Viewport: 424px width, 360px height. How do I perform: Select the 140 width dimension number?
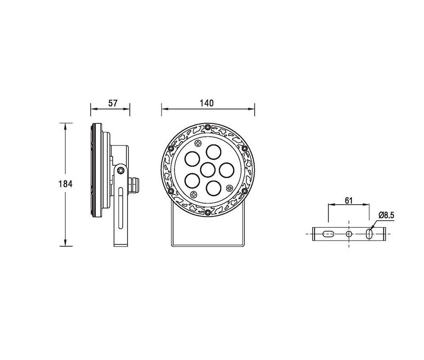click(x=207, y=103)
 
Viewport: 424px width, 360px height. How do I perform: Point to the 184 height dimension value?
click(x=66, y=184)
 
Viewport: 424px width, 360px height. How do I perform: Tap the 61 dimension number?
click(x=349, y=200)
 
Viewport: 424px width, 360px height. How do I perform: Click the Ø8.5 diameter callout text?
click(x=387, y=215)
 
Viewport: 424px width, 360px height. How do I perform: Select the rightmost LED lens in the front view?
click(x=226, y=170)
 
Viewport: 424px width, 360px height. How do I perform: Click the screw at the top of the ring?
click(x=207, y=127)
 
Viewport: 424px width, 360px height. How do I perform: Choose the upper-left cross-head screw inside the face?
click(x=198, y=144)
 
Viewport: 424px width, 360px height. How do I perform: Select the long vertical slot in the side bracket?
click(x=122, y=212)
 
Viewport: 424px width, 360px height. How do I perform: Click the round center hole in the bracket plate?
click(x=349, y=234)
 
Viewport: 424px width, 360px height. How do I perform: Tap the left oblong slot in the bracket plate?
click(x=329, y=234)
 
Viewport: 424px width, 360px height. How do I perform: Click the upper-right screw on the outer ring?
click(x=245, y=148)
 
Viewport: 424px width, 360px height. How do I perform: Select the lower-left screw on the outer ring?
click(x=170, y=191)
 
